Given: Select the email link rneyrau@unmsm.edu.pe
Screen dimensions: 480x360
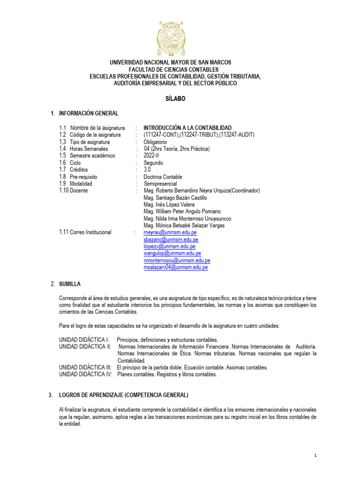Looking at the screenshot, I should point(170,232).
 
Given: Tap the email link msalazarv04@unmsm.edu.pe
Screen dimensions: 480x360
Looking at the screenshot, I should point(176,267).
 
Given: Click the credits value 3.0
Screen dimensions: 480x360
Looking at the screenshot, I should point(147,170).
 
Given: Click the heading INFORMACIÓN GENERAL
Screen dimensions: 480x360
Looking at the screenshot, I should point(89,113).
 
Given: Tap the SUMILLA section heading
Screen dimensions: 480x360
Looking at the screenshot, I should point(70,284).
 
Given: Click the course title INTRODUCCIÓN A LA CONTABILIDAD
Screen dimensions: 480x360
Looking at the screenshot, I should point(187,127).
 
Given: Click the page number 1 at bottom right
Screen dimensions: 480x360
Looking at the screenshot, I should point(316,455).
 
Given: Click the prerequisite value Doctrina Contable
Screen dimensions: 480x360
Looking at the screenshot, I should point(163,177).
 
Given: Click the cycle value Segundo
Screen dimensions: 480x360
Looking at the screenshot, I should point(153,163).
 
